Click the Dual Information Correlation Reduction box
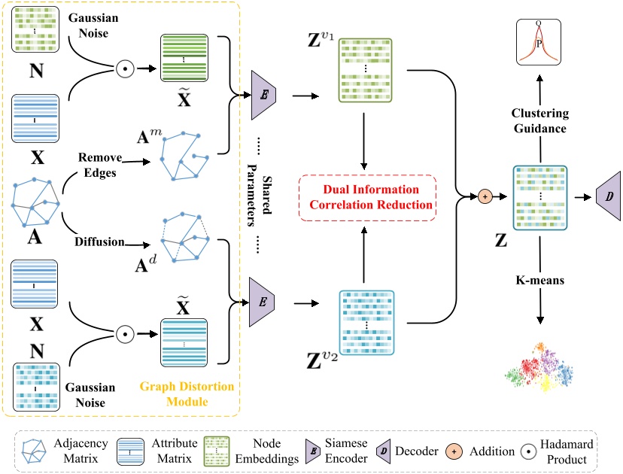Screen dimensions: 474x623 367,197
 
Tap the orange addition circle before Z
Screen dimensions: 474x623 486,197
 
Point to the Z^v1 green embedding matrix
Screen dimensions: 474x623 365,68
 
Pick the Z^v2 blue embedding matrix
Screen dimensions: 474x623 365,321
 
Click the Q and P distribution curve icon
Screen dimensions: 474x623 538,43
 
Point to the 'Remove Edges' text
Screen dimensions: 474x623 99,165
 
